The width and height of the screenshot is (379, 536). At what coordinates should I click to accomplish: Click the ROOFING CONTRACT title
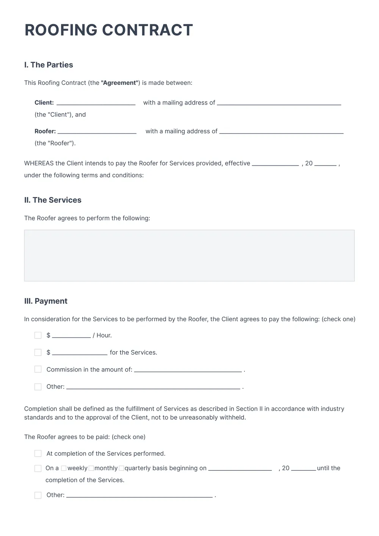tap(109, 30)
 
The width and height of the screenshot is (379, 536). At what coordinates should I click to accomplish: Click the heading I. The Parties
tap(49, 65)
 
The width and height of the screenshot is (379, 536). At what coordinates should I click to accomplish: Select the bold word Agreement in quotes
tap(119, 83)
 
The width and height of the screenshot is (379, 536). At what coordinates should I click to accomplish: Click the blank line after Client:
tap(96, 103)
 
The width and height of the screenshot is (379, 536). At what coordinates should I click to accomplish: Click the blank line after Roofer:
tap(97, 132)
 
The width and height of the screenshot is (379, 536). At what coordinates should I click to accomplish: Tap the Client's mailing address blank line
tap(279, 103)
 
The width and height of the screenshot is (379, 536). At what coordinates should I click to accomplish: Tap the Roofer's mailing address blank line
tap(281, 132)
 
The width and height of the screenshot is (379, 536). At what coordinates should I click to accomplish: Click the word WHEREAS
tap(39, 163)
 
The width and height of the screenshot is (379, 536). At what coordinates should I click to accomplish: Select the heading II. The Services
tap(53, 200)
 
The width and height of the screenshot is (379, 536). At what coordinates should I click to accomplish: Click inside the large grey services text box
tap(189, 256)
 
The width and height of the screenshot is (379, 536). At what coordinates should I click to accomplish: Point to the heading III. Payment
tap(45, 301)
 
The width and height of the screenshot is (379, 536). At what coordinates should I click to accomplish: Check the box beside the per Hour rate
tap(38, 335)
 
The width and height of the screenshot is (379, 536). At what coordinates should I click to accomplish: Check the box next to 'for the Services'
tap(38, 352)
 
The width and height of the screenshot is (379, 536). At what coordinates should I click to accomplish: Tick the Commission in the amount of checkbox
tap(38, 369)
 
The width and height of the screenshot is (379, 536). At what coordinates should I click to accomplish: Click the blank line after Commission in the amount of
tap(188, 370)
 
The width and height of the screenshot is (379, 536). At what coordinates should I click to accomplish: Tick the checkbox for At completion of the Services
tap(38, 453)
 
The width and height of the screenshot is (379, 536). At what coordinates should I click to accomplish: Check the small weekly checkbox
tap(64, 468)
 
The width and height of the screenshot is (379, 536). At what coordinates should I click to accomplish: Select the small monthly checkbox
tap(91, 468)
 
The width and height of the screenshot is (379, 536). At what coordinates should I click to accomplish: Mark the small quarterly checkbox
tap(121, 468)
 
